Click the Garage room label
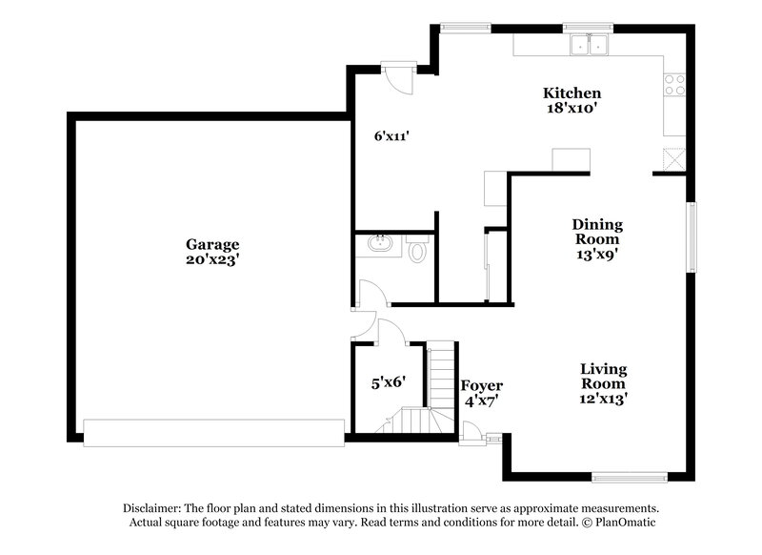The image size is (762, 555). click(212, 244)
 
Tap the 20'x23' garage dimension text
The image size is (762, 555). click(212, 259)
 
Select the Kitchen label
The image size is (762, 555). click(571, 93)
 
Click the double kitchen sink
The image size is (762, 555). click(589, 44)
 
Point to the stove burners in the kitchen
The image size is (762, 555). click(674, 84)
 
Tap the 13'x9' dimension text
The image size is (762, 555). click(597, 255)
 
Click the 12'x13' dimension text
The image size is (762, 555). click(604, 399)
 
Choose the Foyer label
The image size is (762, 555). click(482, 385)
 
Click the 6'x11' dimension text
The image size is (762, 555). click(391, 136)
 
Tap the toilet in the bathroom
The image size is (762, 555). click(416, 254)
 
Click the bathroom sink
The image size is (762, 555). click(380, 246)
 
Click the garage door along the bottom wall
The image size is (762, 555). click(213, 432)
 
